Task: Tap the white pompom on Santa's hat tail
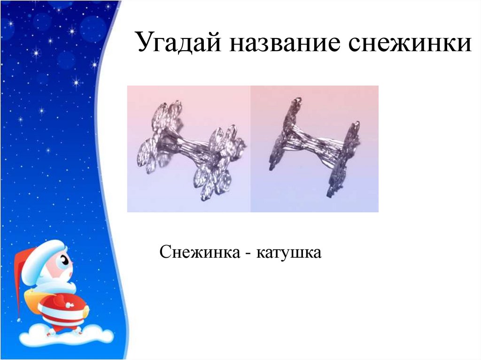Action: [19, 320]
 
